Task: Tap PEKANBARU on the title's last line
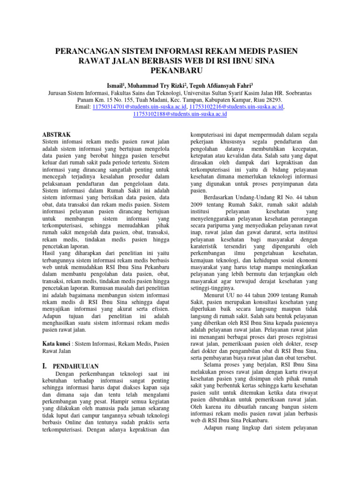(180, 70)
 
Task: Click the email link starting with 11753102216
(232, 107)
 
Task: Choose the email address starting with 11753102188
(180, 114)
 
